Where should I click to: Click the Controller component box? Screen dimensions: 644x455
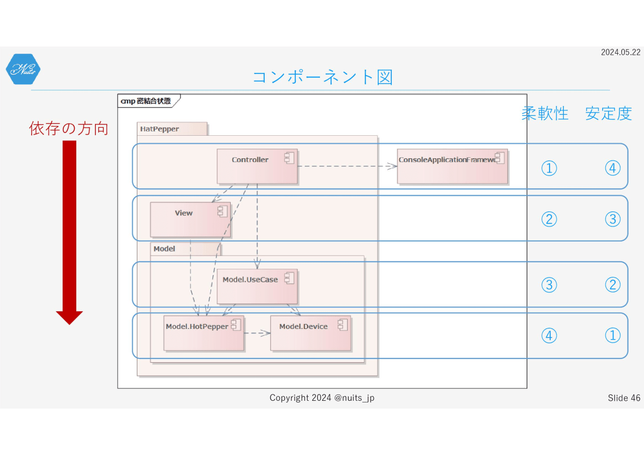coord(257,166)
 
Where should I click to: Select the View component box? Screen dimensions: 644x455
coord(191,219)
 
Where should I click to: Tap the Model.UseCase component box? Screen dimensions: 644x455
coord(257,287)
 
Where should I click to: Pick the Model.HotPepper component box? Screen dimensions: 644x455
coord(204,333)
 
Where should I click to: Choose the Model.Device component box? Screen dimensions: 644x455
coord(311,333)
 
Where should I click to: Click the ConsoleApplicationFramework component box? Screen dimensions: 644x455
coord(452,166)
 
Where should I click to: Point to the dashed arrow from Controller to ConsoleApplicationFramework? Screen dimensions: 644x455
coord(347,166)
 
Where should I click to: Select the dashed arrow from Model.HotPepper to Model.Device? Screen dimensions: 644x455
coord(257,333)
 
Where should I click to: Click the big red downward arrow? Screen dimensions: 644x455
coord(69,232)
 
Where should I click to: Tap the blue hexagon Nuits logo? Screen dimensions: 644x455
coord(23,69)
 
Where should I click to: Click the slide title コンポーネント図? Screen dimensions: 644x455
coord(323,77)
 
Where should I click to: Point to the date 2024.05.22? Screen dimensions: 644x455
coord(621,52)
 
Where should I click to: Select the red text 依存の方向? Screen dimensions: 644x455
coord(69,128)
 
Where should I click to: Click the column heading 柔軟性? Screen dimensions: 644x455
coord(545,113)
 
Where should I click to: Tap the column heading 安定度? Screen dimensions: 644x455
coord(609,113)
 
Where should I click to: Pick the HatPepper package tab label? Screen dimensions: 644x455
coord(159,129)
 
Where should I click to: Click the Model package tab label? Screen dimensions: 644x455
coord(164,248)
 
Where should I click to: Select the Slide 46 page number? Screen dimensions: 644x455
coord(624,398)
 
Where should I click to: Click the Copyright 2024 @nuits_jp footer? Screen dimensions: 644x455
coord(322,398)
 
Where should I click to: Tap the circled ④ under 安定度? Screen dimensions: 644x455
coord(613,168)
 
